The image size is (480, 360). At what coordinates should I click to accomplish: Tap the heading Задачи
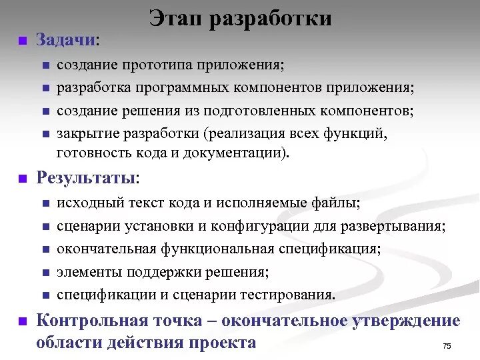coord(66,40)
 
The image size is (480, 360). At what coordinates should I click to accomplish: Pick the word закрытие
coord(86,133)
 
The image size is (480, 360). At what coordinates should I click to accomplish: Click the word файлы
coord(335,203)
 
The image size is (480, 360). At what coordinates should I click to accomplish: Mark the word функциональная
coord(217,249)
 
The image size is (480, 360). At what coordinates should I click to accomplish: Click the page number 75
coord(447,345)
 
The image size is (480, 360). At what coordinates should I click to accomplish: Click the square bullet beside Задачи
coord(22,41)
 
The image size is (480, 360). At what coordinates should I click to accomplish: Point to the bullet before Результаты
coord(22,179)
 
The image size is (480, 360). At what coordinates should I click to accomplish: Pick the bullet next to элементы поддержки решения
coord(45,273)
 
